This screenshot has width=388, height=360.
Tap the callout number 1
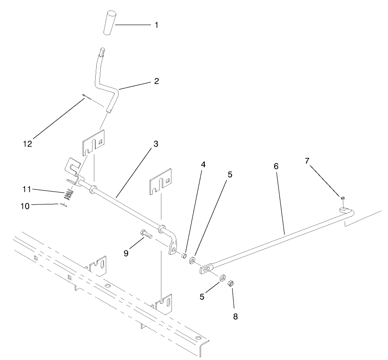tap(156, 25)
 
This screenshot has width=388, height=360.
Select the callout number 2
tap(156, 82)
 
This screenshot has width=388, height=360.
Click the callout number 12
tap(28, 144)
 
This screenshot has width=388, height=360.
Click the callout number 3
tap(155, 144)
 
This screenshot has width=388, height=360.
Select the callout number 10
tap(25, 206)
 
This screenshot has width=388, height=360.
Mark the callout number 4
tap(204, 165)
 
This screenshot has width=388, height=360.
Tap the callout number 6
tap(276, 167)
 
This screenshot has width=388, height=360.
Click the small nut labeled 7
tap(342, 198)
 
